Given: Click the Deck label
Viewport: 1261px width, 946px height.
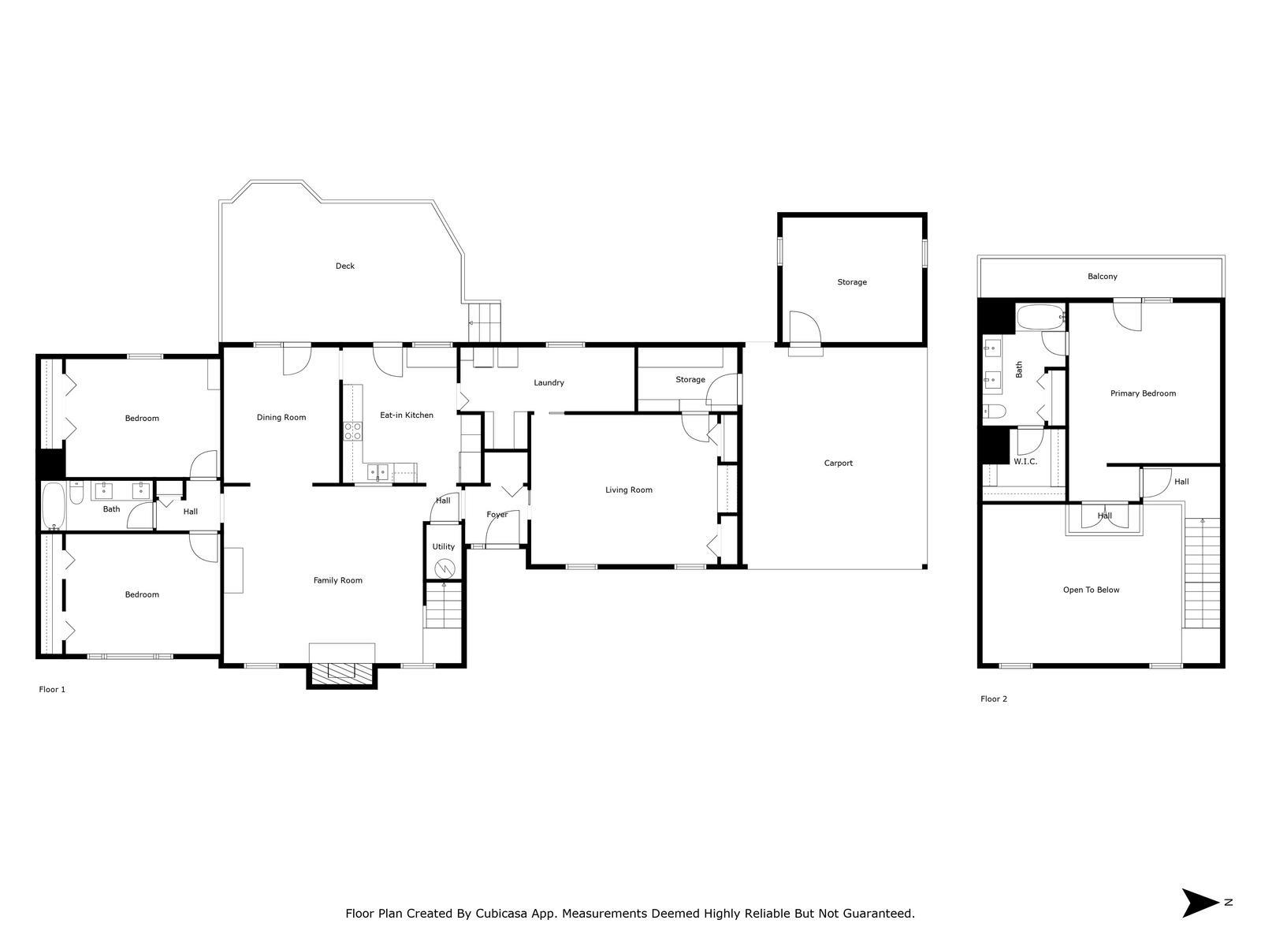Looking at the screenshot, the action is pyautogui.click(x=344, y=266).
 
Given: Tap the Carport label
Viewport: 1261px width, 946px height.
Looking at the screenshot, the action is pyautogui.click(x=839, y=464).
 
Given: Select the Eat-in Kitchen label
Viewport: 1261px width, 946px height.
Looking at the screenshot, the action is pyautogui.click(x=406, y=415).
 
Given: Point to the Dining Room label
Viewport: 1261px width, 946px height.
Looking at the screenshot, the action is pyautogui.click(x=281, y=418).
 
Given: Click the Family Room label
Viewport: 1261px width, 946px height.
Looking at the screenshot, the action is pyautogui.click(x=338, y=581).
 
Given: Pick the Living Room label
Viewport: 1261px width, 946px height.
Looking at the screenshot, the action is pyautogui.click(x=628, y=490).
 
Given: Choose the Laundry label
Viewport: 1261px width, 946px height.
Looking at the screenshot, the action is pyautogui.click(x=549, y=383).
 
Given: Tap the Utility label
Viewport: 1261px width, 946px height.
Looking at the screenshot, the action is pyautogui.click(x=443, y=547).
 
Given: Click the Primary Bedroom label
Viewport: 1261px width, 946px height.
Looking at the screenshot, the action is pyautogui.click(x=1143, y=393).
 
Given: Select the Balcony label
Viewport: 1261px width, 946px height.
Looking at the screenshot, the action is pyautogui.click(x=1102, y=277).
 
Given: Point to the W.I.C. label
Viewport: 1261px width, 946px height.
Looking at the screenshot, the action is pyautogui.click(x=1025, y=462).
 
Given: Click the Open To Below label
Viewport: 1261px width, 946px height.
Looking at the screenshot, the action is pyautogui.click(x=1091, y=590).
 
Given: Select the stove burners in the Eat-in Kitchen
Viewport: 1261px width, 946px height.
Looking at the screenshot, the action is pyautogui.click(x=353, y=431).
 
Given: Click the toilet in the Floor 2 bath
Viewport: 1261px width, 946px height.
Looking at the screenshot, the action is pyautogui.click(x=995, y=412).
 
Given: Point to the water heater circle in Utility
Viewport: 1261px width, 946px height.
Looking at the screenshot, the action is pyautogui.click(x=445, y=568).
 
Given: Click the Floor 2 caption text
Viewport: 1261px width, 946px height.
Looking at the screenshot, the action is pyautogui.click(x=993, y=699).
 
